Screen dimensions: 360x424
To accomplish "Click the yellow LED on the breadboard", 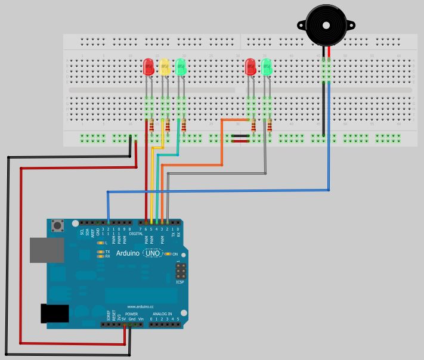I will tap(165, 67).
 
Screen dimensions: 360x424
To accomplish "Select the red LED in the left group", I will tap(148, 67).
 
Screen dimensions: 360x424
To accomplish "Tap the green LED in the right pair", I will tap(266, 67).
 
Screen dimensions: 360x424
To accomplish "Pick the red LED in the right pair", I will tap(250, 67).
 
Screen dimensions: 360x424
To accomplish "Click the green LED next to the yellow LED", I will tap(181, 67).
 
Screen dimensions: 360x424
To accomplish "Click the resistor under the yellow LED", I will tap(168, 125).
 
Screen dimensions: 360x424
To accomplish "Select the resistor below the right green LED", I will tap(270, 125).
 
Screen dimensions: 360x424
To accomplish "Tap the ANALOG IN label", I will tap(162, 314).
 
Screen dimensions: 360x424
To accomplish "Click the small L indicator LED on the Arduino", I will tap(101, 243).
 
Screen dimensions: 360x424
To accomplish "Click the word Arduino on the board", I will tap(128, 253).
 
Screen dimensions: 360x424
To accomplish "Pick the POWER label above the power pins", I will tap(131, 314).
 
